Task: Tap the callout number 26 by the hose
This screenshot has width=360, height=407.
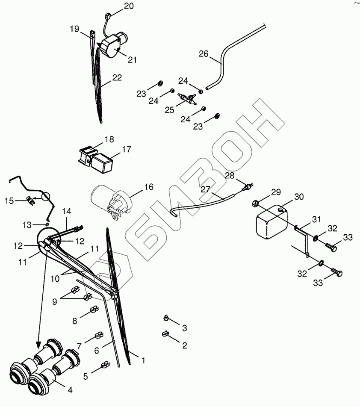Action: click(x=204, y=54)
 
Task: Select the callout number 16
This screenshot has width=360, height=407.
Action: click(x=148, y=187)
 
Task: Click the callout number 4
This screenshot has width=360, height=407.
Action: click(x=70, y=390)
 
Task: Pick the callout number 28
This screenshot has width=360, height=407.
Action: click(x=230, y=176)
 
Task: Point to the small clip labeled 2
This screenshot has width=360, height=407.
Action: click(x=165, y=334)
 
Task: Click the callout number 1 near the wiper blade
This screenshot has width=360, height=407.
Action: click(x=143, y=360)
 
